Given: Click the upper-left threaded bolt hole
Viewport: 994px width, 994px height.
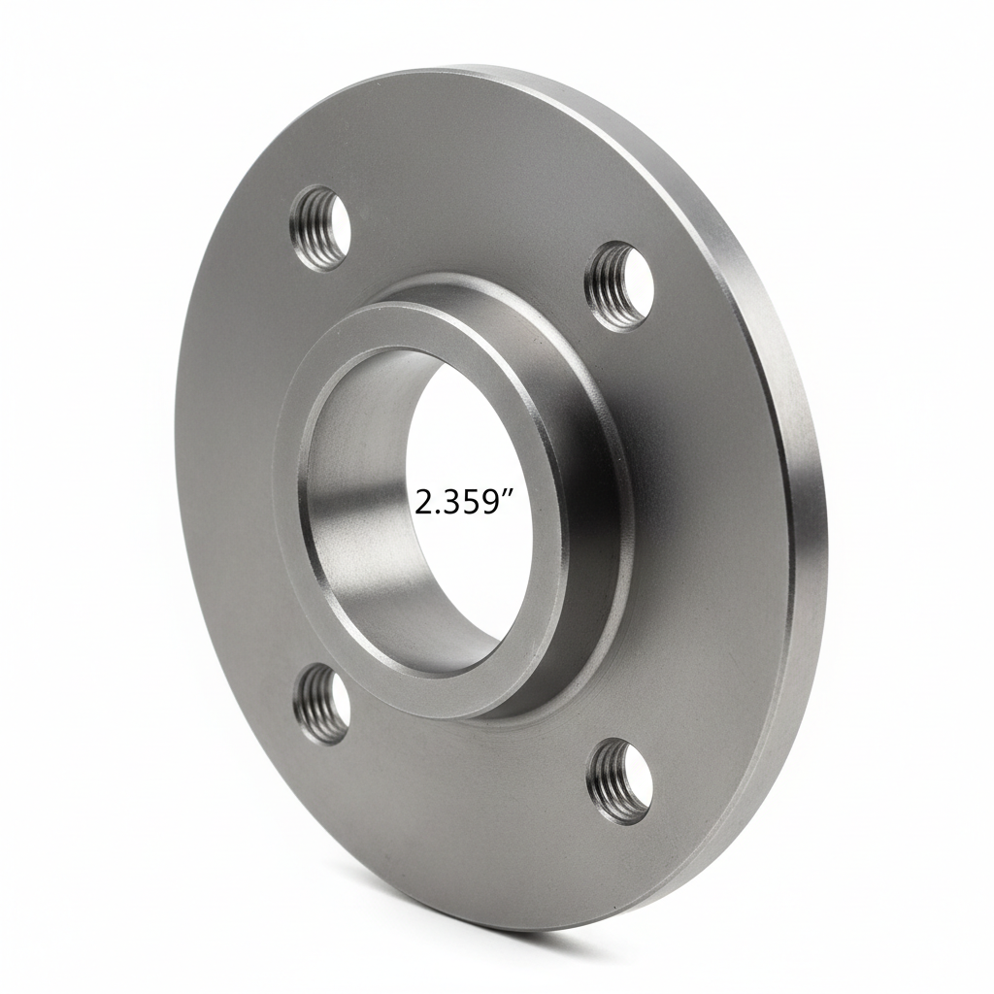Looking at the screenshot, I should (320, 229).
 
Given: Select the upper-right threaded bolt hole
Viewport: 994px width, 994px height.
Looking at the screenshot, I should (619, 285).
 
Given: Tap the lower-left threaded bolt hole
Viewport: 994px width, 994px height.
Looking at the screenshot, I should (321, 703).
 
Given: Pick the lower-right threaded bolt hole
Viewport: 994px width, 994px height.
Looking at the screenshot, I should (619, 780).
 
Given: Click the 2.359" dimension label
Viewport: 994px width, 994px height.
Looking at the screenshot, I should (464, 502).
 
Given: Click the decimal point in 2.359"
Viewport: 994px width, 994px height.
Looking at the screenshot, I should (438, 512).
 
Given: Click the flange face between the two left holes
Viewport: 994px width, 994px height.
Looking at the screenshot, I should (233, 466).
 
